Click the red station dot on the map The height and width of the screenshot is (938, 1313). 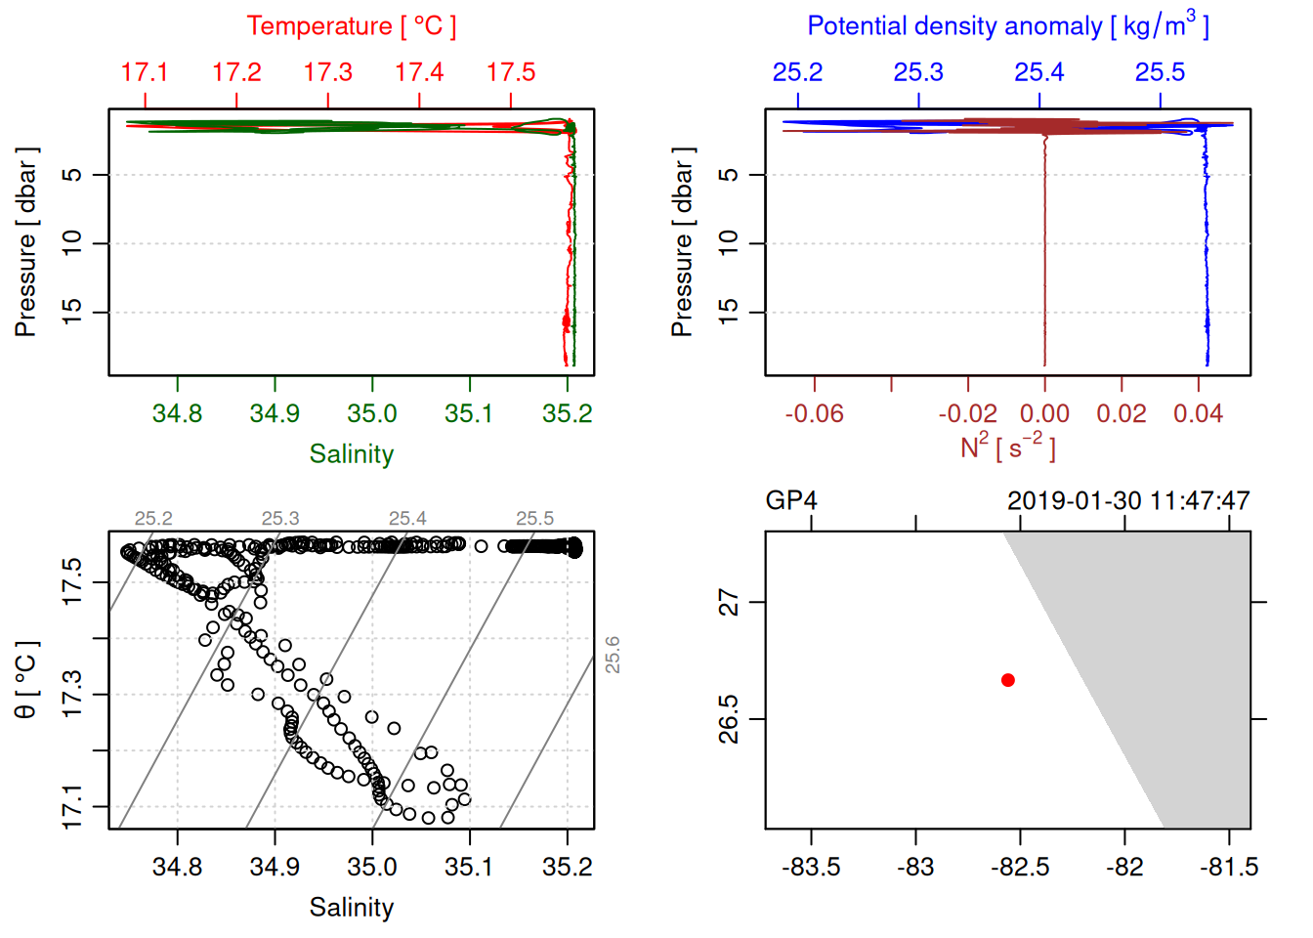1008,680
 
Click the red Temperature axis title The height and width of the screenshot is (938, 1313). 351,26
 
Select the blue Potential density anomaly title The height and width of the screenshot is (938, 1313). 1007,25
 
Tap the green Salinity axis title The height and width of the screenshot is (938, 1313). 351,454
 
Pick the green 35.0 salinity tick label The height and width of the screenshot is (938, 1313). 372,414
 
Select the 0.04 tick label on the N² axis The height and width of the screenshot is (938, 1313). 1198,414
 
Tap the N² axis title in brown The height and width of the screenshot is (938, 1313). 1007,448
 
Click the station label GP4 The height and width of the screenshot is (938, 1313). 791,501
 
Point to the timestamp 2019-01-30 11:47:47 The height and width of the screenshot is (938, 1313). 1128,501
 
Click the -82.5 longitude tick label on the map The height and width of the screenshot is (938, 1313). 1020,868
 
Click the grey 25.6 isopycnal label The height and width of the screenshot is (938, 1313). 613,655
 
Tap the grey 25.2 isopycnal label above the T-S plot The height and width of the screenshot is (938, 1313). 153,519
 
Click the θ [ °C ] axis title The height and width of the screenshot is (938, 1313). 26,680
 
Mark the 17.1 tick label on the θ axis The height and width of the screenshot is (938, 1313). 73,807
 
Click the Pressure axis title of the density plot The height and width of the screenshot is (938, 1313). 682,242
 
